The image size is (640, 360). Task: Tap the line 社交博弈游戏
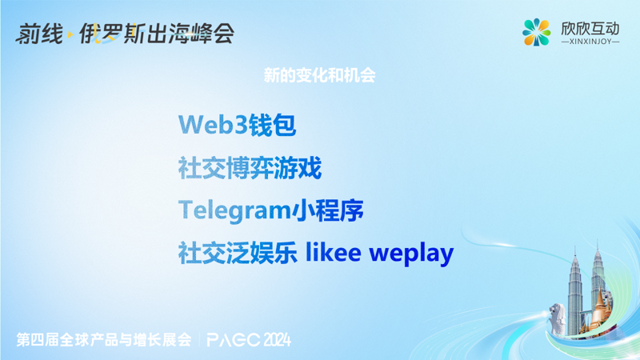click(x=250, y=168)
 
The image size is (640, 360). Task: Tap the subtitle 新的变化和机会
click(x=320, y=76)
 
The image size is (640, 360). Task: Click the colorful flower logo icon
click(x=536, y=32)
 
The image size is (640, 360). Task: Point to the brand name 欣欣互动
click(x=590, y=27)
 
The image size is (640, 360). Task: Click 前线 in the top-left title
click(x=38, y=34)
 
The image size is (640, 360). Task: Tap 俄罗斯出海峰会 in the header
click(x=156, y=34)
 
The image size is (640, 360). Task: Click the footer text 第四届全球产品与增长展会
click(x=104, y=339)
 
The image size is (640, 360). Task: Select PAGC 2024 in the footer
click(x=248, y=339)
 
